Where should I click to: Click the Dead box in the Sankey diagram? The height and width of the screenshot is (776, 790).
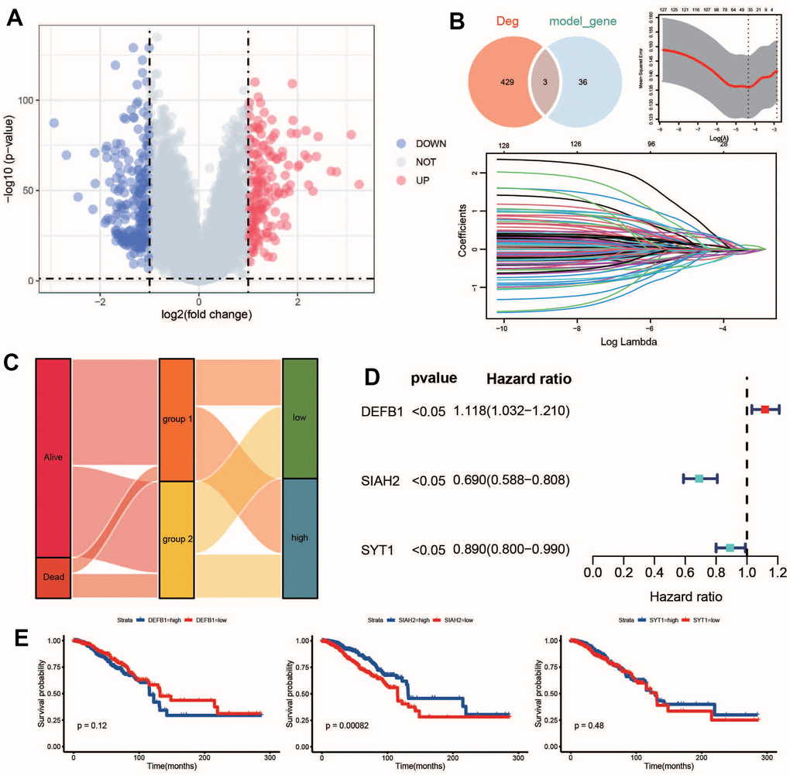pos(53,577)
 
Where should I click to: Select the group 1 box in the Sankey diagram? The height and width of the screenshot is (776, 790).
pos(177,420)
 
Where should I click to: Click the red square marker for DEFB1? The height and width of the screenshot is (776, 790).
pos(765,409)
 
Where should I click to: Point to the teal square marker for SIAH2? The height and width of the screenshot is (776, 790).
pos(699,479)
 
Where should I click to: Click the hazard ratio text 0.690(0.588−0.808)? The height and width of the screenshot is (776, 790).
pos(512,480)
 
